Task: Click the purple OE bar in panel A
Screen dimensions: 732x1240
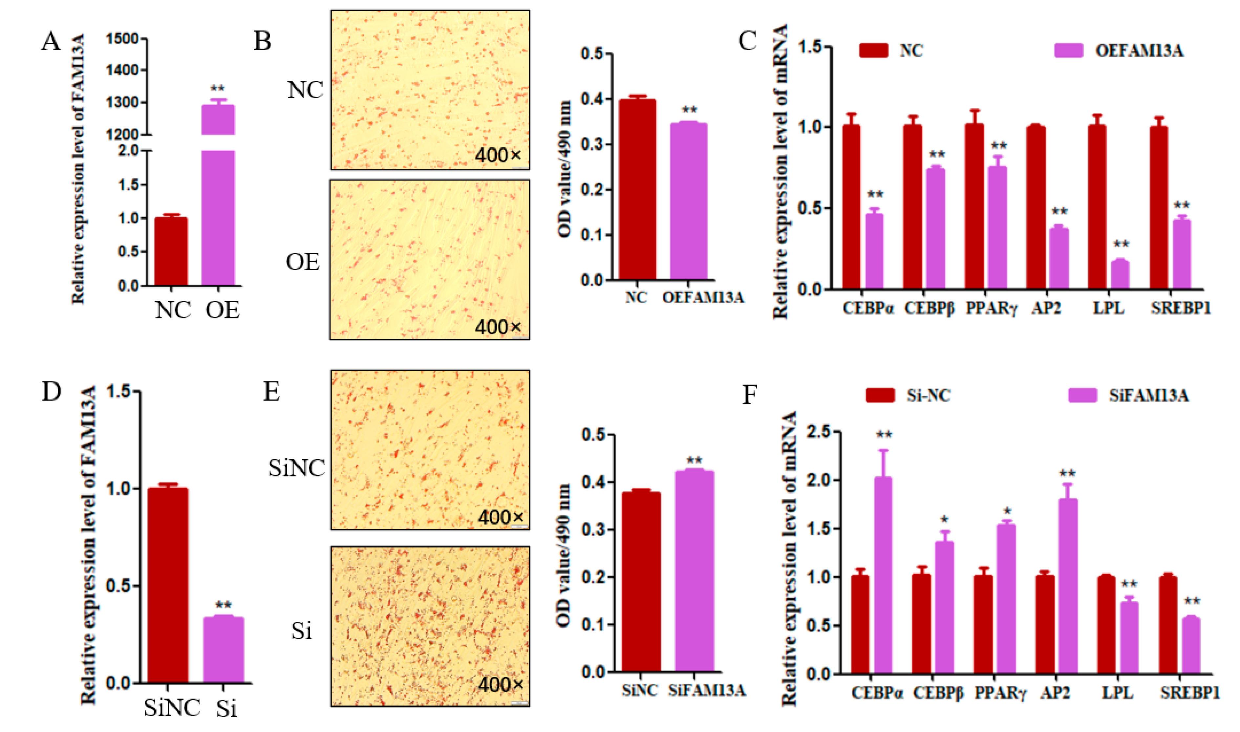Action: pyautogui.click(x=219, y=217)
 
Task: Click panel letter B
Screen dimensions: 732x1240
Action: pyautogui.click(x=262, y=41)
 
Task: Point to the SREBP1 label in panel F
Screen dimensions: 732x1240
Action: pyautogui.click(x=1189, y=693)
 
